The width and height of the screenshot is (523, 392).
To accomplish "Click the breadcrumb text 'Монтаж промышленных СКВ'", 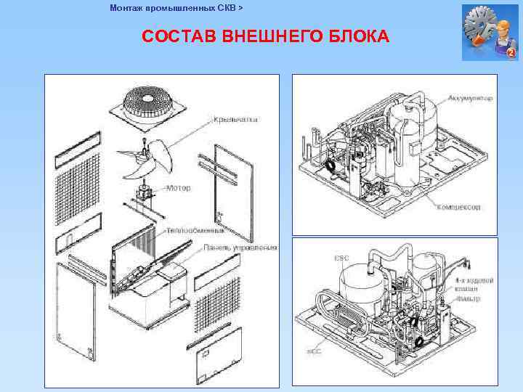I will point(172,8).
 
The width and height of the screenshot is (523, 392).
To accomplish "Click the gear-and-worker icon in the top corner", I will point(489,32).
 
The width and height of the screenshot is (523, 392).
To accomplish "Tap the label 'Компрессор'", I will point(458,207).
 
